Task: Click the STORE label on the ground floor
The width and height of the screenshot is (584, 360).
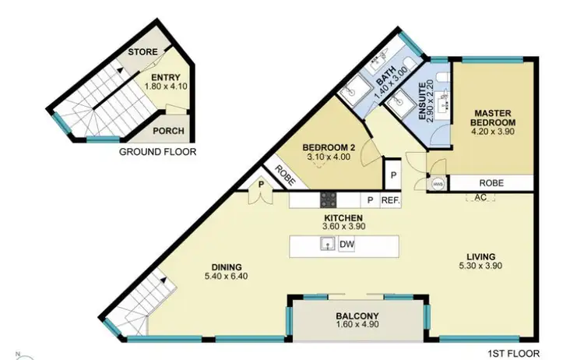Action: pos(144,52)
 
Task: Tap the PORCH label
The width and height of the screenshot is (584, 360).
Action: pos(167,132)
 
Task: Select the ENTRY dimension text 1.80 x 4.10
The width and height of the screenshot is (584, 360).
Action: pos(166,86)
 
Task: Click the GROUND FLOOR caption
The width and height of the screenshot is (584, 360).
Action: pos(157,153)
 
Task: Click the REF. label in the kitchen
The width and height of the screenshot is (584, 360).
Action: pos(391,200)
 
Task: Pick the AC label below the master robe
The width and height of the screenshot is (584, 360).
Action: pos(480,197)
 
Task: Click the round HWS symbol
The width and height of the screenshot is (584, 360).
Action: pos(437,184)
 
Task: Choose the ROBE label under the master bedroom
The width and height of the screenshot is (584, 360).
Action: pos(491,182)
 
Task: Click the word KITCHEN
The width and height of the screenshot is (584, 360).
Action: pos(343,217)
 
